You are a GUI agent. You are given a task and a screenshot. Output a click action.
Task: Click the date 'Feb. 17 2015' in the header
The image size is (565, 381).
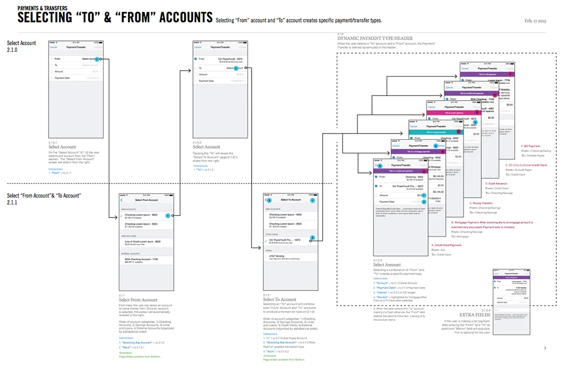point(535,20)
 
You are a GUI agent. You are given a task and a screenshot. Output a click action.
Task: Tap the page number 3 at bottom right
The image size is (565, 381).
point(545,348)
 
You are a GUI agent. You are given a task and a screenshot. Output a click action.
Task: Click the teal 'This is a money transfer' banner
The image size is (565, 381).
point(435,133)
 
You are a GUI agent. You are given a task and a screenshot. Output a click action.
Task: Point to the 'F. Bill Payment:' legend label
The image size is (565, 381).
point(531,146)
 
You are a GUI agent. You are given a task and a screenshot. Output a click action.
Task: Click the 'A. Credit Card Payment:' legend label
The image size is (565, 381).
point(446,245)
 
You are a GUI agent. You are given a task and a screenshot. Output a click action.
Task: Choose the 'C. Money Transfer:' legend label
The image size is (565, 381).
point(477,203)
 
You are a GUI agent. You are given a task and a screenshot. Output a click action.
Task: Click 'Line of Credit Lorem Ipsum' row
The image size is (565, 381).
point(142,241)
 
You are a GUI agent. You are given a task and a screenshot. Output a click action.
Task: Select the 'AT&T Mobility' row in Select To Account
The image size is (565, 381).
point(277,256)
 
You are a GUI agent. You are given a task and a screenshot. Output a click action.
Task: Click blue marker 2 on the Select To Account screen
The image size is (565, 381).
point(312,238)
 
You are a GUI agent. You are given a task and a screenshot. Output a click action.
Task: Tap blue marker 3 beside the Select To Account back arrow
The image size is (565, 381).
point(269,200)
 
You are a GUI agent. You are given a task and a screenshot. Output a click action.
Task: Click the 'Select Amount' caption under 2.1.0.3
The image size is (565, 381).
point(387,265)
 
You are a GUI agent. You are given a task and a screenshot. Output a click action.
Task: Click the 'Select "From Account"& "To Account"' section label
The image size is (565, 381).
point(44,196)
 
